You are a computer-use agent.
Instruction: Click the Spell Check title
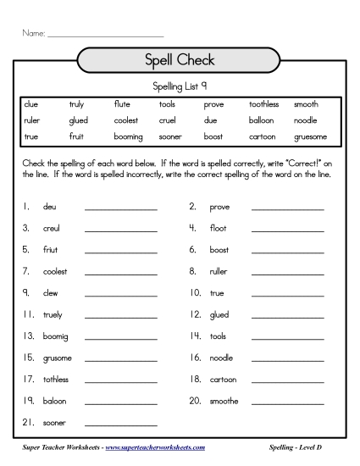tap(180, 60)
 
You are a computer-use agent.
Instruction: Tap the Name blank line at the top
tap(105, 36)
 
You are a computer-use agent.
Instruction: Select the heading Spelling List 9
tap(180, 86)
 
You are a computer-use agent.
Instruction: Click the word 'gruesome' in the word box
tap(310, 136)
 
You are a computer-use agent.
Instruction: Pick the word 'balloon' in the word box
tap(263, 119)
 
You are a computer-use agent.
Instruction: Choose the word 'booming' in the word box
tap(128, 136)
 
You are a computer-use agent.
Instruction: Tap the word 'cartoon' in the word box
tap(263, 136)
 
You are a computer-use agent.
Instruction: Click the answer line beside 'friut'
tap(121, 252)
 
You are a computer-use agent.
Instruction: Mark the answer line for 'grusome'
tap(121, 360)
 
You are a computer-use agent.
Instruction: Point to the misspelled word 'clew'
tap(50, 293)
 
